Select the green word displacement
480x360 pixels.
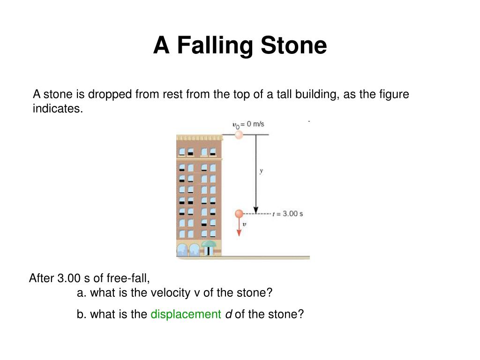(x=186, y=314)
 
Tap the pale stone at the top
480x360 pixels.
(x=239, y=135)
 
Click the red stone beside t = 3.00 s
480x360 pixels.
(x=239, y=214)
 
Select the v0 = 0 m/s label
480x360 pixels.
(x=248, y=124)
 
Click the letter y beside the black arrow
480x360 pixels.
(x=261, y=171)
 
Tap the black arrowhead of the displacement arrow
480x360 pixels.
(x=256, y=209)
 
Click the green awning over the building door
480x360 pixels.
(x=209, y=244)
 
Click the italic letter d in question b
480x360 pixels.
(x=228, y=314)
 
